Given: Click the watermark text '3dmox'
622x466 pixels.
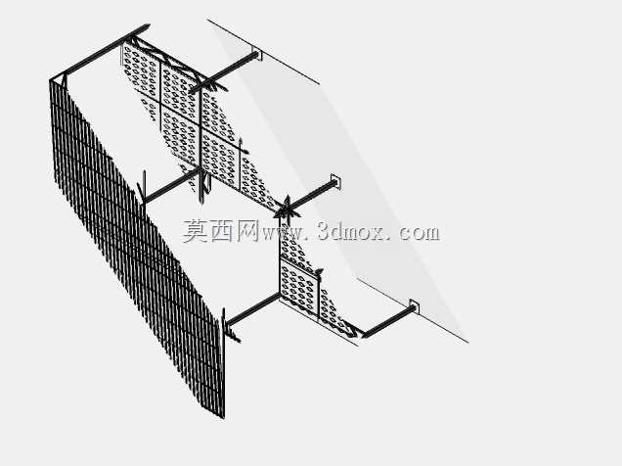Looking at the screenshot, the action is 351,232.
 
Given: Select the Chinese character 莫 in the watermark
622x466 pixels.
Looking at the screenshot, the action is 196,231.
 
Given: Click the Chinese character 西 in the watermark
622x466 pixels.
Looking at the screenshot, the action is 222,231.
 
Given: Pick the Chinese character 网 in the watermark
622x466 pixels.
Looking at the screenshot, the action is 247,231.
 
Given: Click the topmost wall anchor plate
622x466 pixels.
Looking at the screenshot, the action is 256,55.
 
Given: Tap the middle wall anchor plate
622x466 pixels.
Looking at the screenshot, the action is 336,181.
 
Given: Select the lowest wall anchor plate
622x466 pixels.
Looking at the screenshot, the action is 414,306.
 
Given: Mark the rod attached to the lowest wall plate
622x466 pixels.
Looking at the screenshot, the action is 387,323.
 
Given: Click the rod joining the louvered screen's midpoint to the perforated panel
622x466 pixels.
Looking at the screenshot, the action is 172,185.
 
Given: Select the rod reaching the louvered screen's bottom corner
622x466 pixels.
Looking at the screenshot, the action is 252,309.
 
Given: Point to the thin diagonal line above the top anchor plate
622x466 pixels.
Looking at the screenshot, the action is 263,51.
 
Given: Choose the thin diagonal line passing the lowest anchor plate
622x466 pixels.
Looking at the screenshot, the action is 413,310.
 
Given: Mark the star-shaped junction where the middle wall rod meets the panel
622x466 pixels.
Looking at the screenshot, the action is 287,210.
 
